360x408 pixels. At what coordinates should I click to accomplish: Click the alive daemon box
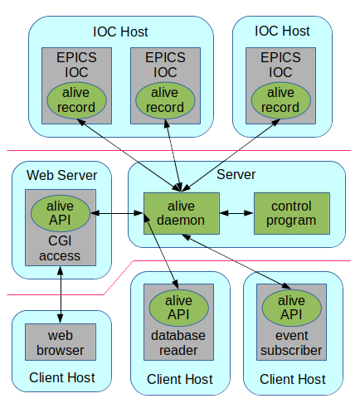pyautogui.click(x=182, y=213)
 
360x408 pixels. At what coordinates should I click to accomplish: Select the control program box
pyautogui.click(x=292, y=213)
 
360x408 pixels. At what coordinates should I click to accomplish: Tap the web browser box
pyautogui.click(x=61, y=342)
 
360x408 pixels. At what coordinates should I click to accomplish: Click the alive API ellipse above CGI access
pyautogui.click(x=61, y=213)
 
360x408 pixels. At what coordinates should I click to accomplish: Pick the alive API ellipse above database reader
pyautogui.click(x=178, y=308)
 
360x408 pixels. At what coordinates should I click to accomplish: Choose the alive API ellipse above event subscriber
pyautogui.click(x=292, y=308)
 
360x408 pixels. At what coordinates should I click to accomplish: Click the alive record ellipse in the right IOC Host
pyautogui.click(x=280, y=100)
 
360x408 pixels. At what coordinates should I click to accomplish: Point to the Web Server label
pyautogui.click(x=61, y=175)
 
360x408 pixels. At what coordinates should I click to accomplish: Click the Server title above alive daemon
pyautogui.click(x=236, y=175)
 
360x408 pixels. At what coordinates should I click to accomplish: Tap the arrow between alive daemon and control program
pyautogui.click(x=236, y=213)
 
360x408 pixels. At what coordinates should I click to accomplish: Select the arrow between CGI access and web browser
pyautogui.click(x=61, y=294)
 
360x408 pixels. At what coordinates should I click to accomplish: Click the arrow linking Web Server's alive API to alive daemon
pyautogui.click(x=117, y=213)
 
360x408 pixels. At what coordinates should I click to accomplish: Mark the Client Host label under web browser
pyautogui.click(x=62, y=377)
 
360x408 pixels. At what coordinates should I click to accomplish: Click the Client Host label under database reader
pyautogui.click(x=180, y=379)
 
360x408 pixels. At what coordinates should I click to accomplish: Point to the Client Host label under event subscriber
pyautogui.click(x=293, y=379)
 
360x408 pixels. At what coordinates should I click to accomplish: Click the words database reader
pyautogui.click(x=178, y=343)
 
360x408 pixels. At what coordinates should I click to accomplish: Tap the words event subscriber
pyautogui.click(x=291, y=343)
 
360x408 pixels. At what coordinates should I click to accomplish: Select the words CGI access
pyautogui.click(x=60, y=248)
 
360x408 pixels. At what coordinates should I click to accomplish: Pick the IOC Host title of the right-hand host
pyautogui.click(x=282, y=31)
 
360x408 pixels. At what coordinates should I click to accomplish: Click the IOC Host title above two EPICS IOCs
pyautogui.click(x=120, y=32)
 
